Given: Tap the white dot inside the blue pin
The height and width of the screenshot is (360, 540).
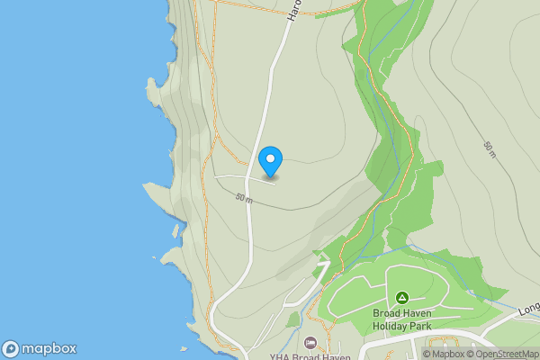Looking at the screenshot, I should pyautogui.click(x=270, y=158).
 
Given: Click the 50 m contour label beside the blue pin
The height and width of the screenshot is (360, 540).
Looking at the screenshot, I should pyautogui.click(x=244, y=197).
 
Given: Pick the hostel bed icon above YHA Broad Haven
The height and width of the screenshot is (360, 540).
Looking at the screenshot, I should pyautogui.click(x=310, y=342).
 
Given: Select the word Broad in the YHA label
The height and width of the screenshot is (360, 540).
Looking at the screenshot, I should pyautogui.click(x=307, y=356).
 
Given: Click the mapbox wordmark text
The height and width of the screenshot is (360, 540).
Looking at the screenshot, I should pyautogui.click(x=50, y=348).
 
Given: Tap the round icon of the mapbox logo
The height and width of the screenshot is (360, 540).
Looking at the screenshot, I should pyautogui.click(x=12, y=348).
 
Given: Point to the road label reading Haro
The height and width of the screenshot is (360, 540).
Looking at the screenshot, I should pyautogui.click(x=293, y=9).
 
